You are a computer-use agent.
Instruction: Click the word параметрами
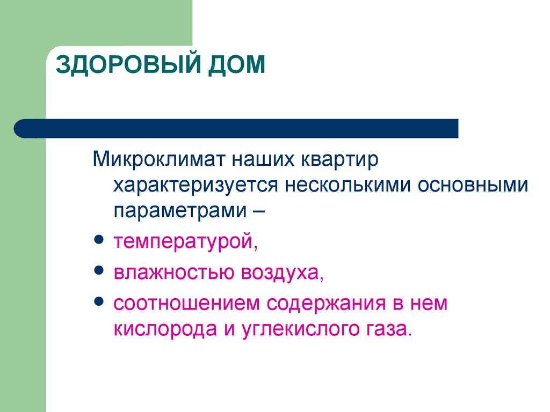click(180, 211)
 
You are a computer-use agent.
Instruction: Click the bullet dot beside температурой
click(99, 239)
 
